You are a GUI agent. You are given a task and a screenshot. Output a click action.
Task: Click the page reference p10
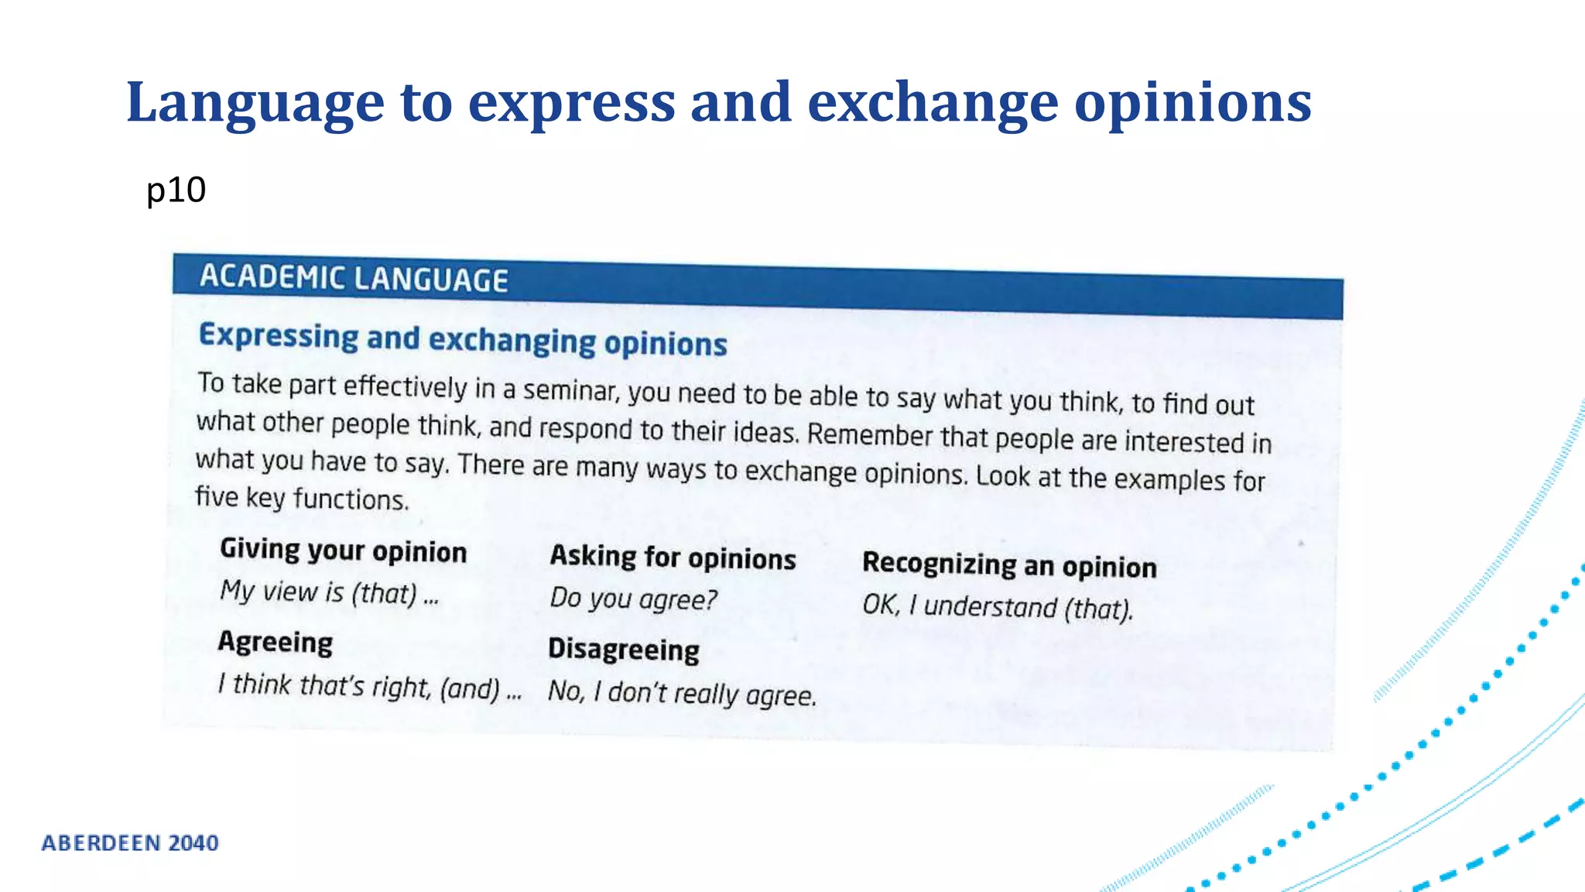tap(176, 190)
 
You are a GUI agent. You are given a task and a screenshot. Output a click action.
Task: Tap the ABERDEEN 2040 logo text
tap(130, 842)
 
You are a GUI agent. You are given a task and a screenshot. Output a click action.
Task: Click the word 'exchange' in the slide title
tap(932, 103)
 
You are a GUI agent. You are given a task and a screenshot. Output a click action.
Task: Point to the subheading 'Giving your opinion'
tap(344, 551)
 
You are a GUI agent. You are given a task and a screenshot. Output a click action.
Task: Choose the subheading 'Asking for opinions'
tap(673, 557)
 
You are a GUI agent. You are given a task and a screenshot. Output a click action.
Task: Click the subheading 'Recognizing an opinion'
tap(1009, 565)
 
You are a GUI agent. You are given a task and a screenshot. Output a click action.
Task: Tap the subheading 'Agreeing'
tap(276, 642)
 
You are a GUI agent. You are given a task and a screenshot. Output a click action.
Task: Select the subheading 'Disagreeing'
tap(624, 649)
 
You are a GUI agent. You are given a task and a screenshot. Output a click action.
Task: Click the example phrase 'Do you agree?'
tap(633, 599)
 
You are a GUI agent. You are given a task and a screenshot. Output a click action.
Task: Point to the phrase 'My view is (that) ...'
tap(330, 592)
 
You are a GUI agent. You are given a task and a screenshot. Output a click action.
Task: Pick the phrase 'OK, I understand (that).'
tap(998, 606)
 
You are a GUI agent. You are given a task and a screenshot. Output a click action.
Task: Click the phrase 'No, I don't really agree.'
tap(682, 692)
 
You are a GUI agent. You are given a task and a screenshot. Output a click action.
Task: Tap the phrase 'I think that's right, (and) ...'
tap(370, 686)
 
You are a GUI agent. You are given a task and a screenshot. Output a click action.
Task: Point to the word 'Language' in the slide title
tap(255, 103)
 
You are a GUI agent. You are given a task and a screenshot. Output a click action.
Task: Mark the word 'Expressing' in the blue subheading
tap(279, 336)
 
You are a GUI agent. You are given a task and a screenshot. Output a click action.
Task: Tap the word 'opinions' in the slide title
tap(1193, 103)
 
